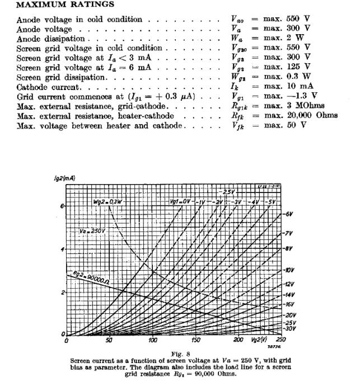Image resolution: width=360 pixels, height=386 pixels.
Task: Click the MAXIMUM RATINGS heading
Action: pos(58,4)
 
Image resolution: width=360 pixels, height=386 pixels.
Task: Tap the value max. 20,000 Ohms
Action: pos(301,116)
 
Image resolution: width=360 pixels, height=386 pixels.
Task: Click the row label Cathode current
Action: pos(49,87)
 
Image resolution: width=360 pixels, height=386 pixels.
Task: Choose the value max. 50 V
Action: pos(286,125)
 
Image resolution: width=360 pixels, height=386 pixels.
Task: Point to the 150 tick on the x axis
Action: pos(196,340)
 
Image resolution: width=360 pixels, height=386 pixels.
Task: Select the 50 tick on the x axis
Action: pos(109,340)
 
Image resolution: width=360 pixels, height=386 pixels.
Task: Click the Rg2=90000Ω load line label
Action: pos(92,276)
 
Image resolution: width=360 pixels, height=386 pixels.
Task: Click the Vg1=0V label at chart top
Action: pos(180,201)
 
